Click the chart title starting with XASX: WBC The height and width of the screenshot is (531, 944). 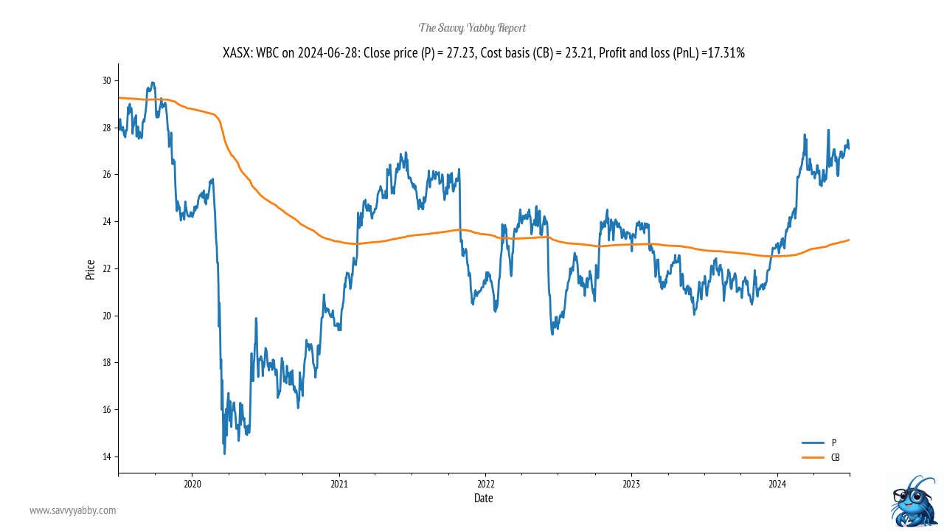[483, 53]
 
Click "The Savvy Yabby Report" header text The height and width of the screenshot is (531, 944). [472, 28]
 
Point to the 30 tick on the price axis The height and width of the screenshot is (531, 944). [107, 80]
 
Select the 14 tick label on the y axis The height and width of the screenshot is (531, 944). [107, 457]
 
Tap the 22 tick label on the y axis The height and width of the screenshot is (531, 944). [107, 268]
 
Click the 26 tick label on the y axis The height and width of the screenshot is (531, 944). [107, 175]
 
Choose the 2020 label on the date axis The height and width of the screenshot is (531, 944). [192, 484]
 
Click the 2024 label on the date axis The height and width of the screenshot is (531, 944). [777, 484]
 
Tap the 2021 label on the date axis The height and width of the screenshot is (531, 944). [339, 484]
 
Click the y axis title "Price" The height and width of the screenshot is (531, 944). [90, 269]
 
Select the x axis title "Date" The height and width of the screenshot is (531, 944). [483, 499]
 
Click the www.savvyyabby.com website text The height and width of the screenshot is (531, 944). [72, 510]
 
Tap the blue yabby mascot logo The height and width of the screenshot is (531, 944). [913, 502]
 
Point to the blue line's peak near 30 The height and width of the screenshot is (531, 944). [153, 83]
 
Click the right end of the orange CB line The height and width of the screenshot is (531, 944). [849, 240]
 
